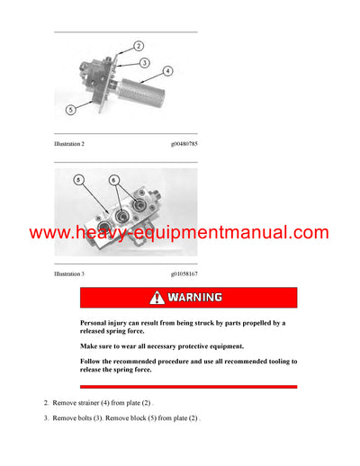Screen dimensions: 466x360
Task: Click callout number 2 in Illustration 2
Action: [139, 44]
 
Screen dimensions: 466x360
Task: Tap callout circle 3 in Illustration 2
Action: [144, 63]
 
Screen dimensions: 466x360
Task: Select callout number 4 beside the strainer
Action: [168, 69]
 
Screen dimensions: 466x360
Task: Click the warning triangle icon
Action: [158, 297]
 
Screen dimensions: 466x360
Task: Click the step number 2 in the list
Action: [47, 402]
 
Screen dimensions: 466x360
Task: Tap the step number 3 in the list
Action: [47, 418]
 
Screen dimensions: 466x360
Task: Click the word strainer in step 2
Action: [93, 402]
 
